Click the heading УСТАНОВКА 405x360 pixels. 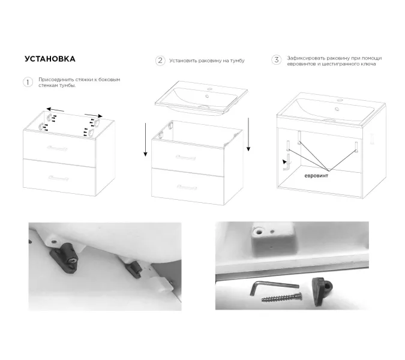(x=50, y=59)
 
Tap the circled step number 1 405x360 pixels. (x=28, y=82)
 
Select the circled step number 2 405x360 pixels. (x=160, y=61)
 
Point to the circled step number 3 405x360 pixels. (x=277, y=60)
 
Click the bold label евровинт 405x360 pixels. (x=316, y=176)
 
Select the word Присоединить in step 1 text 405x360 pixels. (x=56, y=80)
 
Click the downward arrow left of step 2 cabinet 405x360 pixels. (x=145, y=140)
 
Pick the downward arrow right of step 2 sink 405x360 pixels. (x=248, y=134)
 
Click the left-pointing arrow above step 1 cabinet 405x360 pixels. (x=55, y=110)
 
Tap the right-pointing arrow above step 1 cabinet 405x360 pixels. (x=94, y=115)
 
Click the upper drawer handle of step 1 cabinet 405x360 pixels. (x=57, y=148)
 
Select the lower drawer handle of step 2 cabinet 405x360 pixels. (x=187, y=187)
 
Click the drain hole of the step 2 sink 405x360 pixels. (x=207, y=97)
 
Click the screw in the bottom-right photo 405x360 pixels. (x=281, y=297)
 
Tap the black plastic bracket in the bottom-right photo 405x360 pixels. (x=322, y=291)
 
